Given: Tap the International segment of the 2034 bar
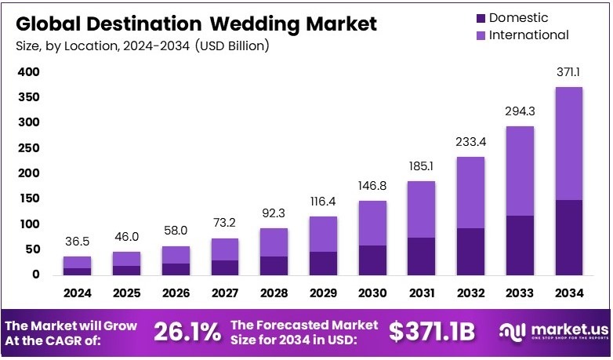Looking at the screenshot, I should [569, 144].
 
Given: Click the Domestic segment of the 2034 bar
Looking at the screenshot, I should [569, 237].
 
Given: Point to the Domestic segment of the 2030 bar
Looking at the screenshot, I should [372, 260].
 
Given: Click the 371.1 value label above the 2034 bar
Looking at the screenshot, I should [569, 72].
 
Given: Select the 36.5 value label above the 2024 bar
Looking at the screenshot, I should [77, 242].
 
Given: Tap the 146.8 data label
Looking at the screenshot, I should [372, 187].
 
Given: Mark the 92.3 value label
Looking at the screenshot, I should [274, 214].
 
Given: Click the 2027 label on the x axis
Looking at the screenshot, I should [225, 293].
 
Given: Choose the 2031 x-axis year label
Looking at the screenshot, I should [422, 293].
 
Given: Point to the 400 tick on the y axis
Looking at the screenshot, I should [28, 72].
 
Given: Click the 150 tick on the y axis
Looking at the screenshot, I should [28, 198].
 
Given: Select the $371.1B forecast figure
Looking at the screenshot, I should [433, 332].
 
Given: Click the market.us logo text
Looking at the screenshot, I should [560, 330].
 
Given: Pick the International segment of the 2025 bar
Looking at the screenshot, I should [126, 259].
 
